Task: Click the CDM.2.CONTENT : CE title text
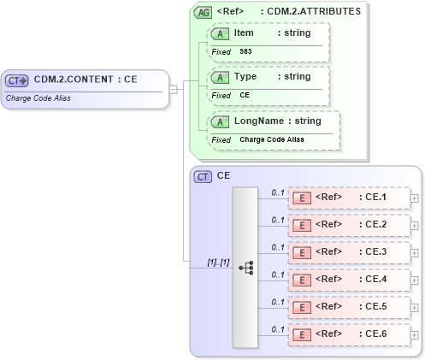click(x=86, y=80)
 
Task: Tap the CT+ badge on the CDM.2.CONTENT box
click(x=17, y=80)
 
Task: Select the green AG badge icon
click(x=203, y=12)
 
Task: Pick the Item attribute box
click(x=268, y=42)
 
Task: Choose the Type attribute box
click(x=268, y=86)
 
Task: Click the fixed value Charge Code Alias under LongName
click(x=271, y=139)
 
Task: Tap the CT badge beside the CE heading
click(x=203, y=177)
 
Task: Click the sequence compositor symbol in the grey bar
click(x=245, y=268)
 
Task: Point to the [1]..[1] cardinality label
click(x=218, y=261)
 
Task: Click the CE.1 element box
click(x=348, y=198)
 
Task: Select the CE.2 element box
click(x=348, y=225)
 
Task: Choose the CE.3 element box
click(x=348, y=252)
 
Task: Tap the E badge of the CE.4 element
click(x=301, y=280)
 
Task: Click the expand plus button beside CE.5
click(x=415, y=307)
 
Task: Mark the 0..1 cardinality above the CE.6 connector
click(x=277, y=329)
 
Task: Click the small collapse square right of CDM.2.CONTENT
click(x=173, y=88)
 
